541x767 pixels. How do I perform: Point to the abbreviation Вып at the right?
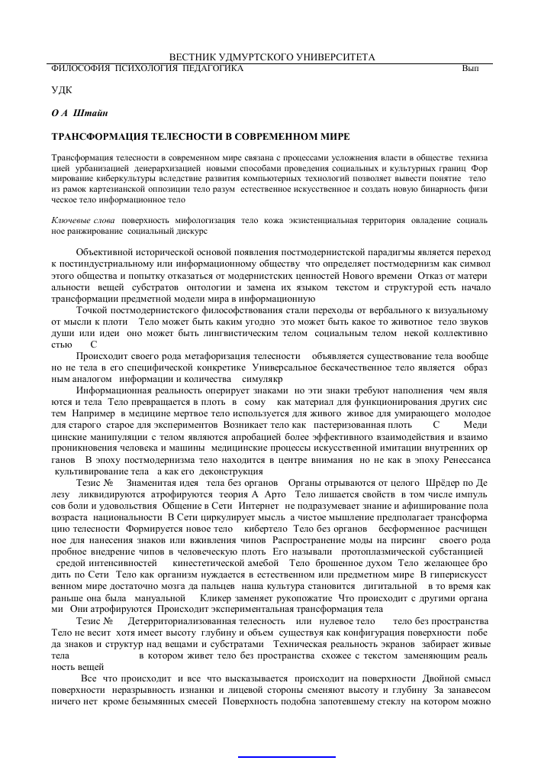point(470,69)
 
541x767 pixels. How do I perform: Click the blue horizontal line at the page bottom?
point(287,756)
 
